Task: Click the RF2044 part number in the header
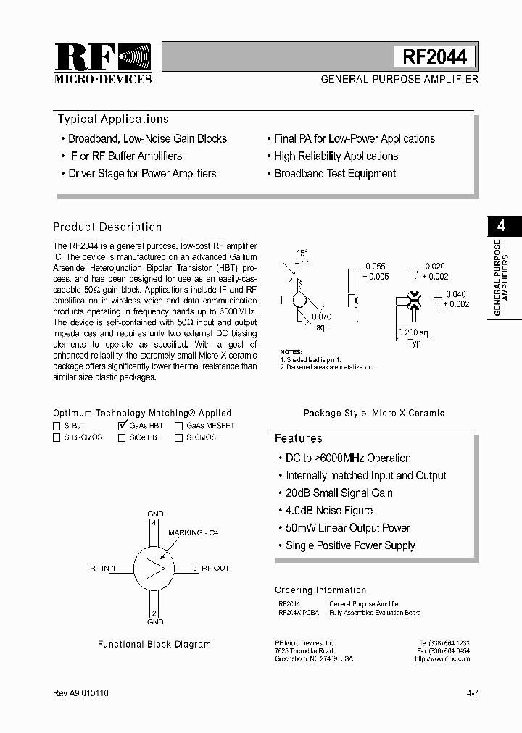point(434,57)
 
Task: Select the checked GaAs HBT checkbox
point(122,426)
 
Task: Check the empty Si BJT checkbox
point(57,427)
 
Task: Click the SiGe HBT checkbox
point(121,437)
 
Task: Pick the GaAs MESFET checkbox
point(178,427)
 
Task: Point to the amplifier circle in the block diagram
point(154,568)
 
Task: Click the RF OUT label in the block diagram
point(215,569)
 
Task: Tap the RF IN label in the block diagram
point(99,569)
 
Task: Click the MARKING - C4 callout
point(193,532)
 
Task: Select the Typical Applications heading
point(113,120)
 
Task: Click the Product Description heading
point(107,227)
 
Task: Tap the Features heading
point(298,438)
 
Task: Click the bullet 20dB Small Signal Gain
point(339,493)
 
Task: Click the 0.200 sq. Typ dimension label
point(414,338)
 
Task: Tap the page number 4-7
point(473,693)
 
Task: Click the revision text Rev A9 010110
point(81,693)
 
